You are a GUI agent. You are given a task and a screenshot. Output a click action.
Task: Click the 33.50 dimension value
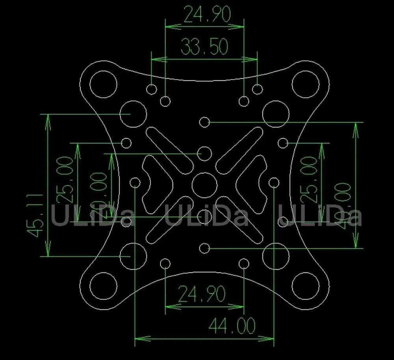click(204, 47)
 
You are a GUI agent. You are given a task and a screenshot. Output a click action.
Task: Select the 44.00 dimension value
click(231, 326)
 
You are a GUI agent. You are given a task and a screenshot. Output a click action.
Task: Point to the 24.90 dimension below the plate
click(202, 294)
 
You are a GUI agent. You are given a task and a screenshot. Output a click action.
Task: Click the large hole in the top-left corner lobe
click(104, 84)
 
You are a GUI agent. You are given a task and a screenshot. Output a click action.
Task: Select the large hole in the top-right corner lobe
click(305, 84)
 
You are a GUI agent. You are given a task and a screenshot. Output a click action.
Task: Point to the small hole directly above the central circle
click(204, 153)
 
